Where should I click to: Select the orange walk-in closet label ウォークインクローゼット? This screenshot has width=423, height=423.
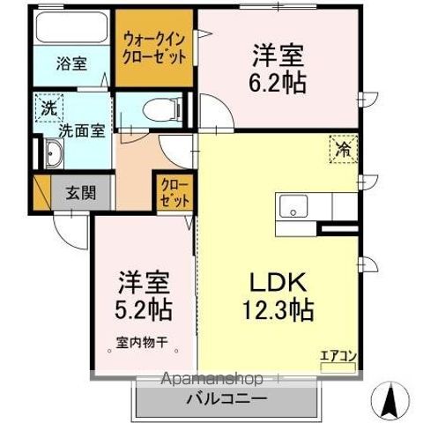click(155, 48)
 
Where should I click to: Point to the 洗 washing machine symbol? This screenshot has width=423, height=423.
click(48, 109)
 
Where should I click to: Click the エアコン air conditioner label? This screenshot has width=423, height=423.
click(338, 355)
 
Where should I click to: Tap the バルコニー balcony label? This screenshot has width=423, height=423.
click(226, 398)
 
